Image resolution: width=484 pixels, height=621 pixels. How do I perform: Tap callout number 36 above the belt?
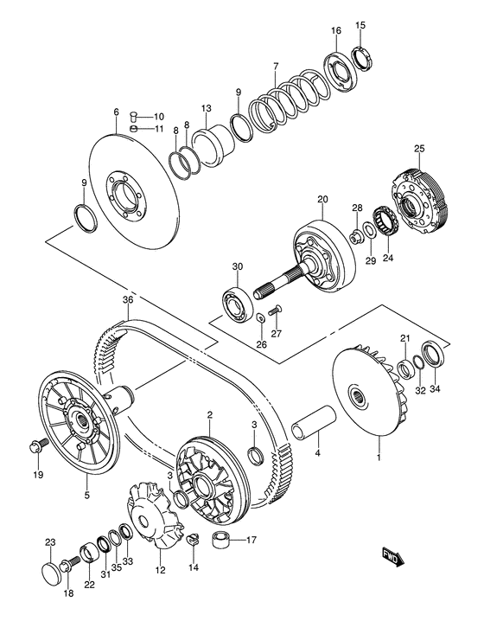point(128,300)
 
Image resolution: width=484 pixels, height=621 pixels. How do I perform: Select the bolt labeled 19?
point(38,445)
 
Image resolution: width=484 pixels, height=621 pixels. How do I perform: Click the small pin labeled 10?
point(134,117)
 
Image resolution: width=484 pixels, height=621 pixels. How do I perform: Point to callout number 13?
point(207,108)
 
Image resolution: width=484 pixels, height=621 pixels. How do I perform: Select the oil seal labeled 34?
point(433,354)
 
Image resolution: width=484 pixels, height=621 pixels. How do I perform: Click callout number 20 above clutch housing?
point(322,199)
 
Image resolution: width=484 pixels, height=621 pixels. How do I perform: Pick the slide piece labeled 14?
point(193,540)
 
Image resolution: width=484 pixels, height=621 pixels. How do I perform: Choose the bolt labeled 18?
point(70,565)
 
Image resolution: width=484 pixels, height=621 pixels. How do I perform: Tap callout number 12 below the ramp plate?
point(160,570)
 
